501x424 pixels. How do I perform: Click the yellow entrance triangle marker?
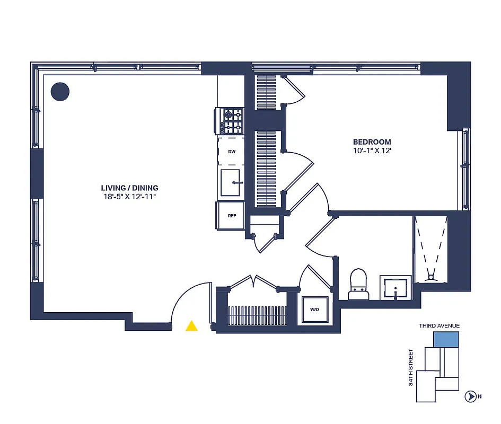pos(191,326)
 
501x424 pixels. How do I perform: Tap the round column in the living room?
pos(60,92)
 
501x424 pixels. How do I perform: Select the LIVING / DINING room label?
pos(129,188)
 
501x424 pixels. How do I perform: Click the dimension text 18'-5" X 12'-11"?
pos(129,197)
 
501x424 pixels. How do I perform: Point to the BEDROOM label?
pos(372,142)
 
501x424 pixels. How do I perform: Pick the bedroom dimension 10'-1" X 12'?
pos(372,151)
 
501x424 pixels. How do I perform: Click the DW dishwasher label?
pos(232,152)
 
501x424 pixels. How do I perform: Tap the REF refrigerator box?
pos(232,216)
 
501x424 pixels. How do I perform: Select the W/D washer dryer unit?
pos(314,309)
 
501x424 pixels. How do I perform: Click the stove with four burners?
pos(232,121)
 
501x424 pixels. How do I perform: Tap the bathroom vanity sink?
pos(395,288)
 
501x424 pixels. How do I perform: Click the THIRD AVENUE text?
pos(439,326)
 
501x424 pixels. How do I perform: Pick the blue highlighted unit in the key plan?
pos(446,340)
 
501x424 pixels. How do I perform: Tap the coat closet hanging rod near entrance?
pos(257,317)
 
